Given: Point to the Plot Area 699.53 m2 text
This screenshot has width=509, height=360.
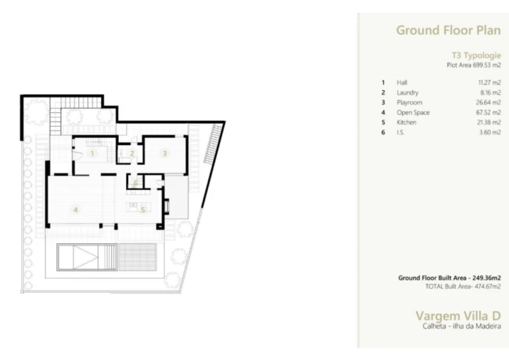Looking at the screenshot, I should coord(473,65).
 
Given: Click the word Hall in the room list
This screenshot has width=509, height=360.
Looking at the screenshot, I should coord(402,83).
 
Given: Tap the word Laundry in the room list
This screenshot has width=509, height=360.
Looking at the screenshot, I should coord(407,92).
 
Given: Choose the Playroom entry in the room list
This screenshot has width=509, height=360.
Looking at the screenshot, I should coord(409,102).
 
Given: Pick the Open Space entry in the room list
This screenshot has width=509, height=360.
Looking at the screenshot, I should coord(413,112).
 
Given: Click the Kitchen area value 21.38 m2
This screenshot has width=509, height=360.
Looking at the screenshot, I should coord(489,122).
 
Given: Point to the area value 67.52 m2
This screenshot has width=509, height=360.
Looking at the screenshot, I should coord(489,112).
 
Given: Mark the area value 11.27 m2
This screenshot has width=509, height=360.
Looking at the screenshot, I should coord(490,83).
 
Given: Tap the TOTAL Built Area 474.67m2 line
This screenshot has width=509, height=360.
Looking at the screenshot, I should coord(462,286).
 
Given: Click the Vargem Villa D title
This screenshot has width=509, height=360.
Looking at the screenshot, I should coord(458,315).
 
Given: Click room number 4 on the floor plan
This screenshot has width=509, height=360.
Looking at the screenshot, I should coord(75,210).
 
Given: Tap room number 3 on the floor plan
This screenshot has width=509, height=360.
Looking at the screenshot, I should coord(164,152).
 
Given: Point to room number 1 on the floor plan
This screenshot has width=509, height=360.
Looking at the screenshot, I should coord(92,153).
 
